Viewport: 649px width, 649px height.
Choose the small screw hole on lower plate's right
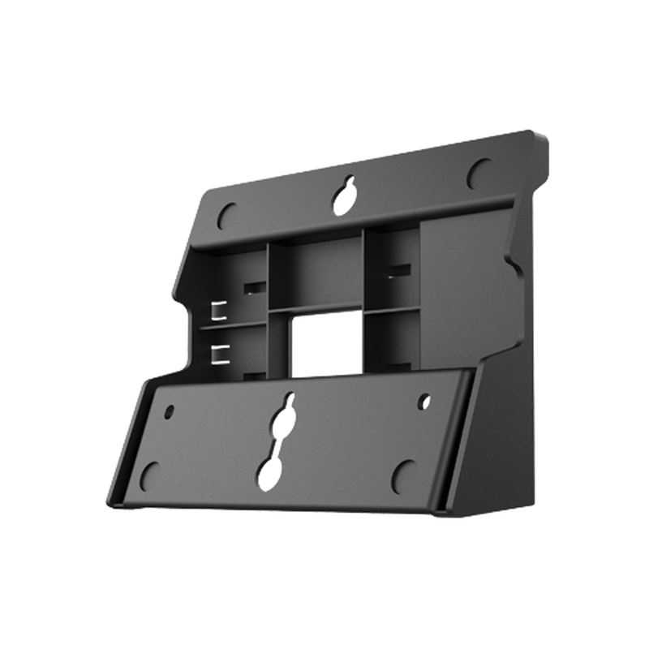coord(423,401)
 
